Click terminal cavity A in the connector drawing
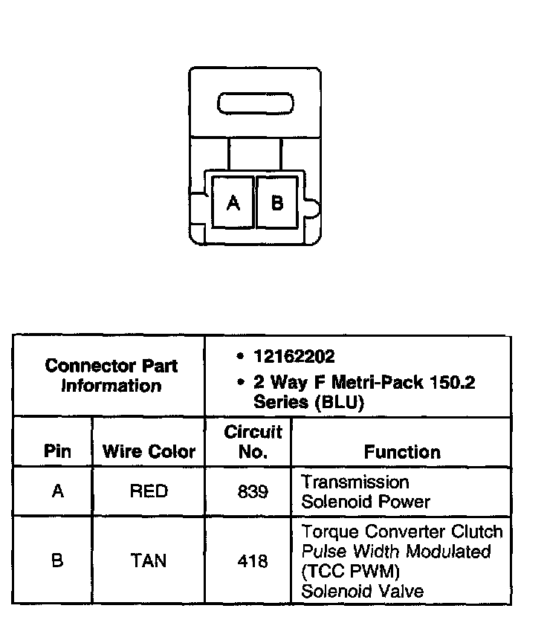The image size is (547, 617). [x=233, y=202]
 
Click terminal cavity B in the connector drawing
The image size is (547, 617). [x=277, y=202]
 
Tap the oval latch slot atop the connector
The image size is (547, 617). [x=255, y=104]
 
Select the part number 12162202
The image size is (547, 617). [x=294, y=357]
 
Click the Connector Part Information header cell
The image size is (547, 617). [x=111, y=375]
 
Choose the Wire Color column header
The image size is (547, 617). [x=149, y=452]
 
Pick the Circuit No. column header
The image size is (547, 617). [x=253, y=442]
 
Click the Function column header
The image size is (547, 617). [x=402, y=452]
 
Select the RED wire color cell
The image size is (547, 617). [x=149, y=491]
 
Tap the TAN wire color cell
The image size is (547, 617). [x=149, y=561]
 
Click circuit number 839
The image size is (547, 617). [x=253, y=492]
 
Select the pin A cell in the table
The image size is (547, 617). [x=57, y=491]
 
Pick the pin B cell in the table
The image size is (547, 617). [x=57, y=561]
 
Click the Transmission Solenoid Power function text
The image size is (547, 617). [x=366, y=492]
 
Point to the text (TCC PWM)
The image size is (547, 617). [x=341, y=572]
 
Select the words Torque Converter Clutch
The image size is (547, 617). [x=402, y=532]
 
